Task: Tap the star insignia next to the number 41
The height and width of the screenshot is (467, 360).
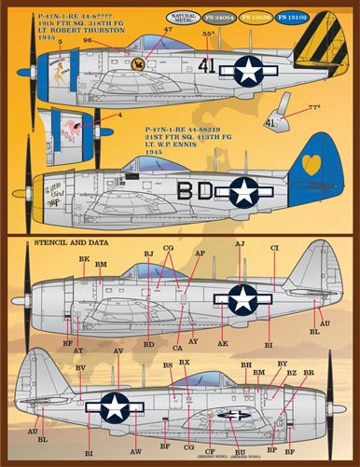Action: (x=249, y=70)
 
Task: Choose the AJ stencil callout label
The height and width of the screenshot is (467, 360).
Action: (x=240, y=243)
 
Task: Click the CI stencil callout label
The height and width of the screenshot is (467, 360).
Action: (x=274, y=248)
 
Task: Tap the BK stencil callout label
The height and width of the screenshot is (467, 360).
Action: (x=84, y=259)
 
